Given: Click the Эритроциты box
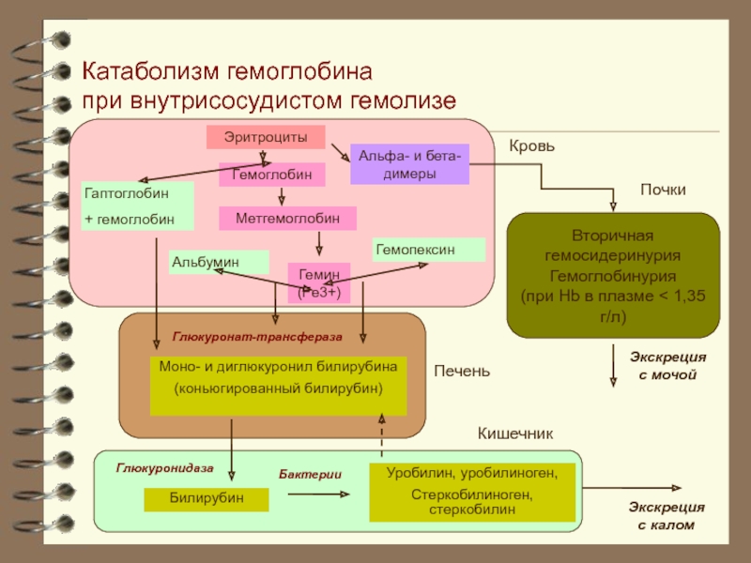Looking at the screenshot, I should point(266,137).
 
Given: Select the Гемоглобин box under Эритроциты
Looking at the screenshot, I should point(272,175).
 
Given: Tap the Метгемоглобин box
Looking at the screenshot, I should point(287,218).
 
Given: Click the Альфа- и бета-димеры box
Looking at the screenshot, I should point(409,165).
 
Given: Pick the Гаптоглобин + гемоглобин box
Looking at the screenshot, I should point(137,205).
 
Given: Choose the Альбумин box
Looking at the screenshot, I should point(219,262).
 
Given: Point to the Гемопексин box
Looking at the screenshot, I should point(429,250).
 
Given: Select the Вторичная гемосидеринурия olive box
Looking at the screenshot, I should point(613,276).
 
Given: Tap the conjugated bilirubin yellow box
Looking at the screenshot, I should point(279,377).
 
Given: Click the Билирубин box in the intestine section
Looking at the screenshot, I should point(206,498).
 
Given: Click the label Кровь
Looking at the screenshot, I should point(532,147).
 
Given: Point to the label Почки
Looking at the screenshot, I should point(663,190).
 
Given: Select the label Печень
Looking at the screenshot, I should point(462,372).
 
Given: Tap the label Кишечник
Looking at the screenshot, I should point(515,434).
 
